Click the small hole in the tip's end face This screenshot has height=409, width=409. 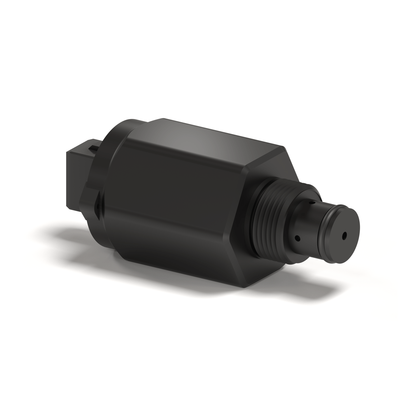[344, 235]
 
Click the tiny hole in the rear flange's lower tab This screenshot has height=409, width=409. [97, 206]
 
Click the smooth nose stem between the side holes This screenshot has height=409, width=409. [305, 222]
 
